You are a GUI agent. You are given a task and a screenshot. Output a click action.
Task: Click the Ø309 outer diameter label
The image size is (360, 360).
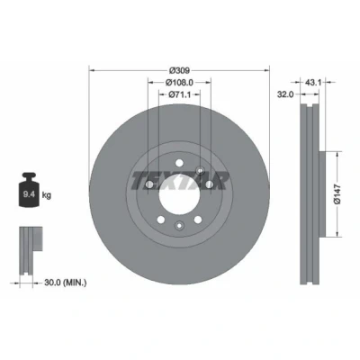pos(179,70)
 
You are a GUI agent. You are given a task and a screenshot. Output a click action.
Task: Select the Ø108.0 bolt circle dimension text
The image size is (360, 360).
pos(179,82)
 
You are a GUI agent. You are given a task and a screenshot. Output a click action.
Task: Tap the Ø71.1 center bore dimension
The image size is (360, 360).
pos(179,94)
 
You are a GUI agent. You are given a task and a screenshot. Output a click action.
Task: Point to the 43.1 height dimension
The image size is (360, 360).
pos(313,82)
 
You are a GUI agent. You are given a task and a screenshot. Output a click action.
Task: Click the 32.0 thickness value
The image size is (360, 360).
pos(285,94)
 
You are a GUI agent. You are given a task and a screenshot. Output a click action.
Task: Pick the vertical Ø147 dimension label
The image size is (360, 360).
pos(337,194)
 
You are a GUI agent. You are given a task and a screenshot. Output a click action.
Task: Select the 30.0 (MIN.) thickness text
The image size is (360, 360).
pos(66,283)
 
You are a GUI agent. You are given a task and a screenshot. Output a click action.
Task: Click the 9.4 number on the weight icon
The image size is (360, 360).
pos(29,194)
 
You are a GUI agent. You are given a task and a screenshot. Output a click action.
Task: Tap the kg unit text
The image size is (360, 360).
pos(47,195)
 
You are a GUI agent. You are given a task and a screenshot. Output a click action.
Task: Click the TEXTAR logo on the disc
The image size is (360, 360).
pos(179,181)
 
